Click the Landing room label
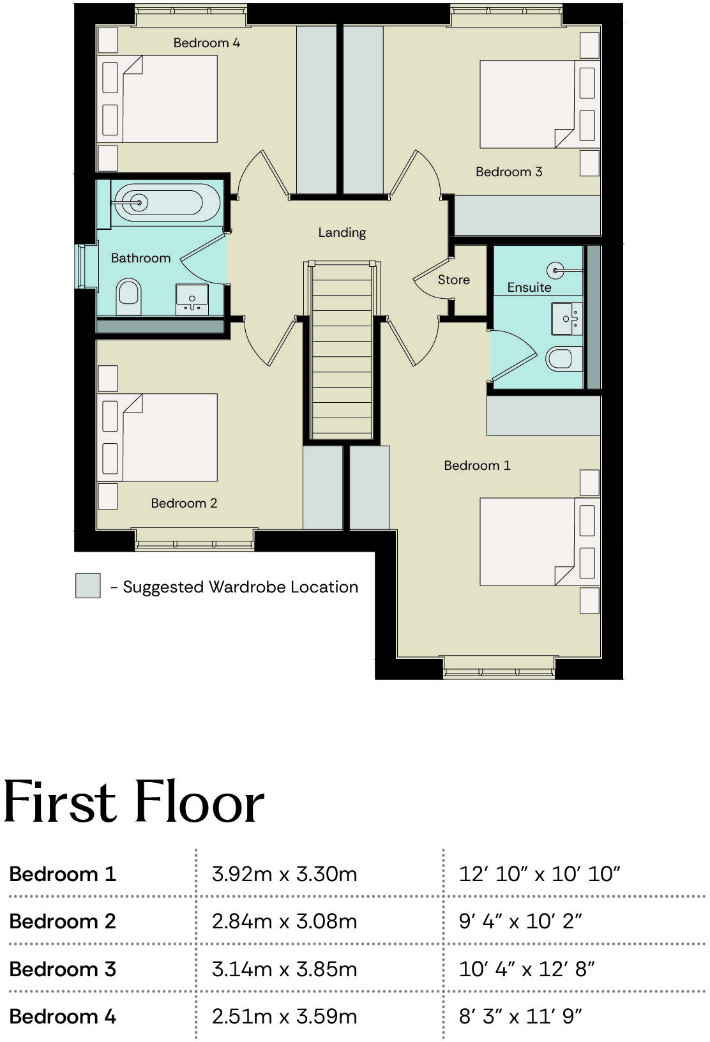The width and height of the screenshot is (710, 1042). tap(342, 232)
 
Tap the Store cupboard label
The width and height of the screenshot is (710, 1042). tap(453, 280)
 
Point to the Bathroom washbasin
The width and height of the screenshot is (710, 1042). tap(192, 299)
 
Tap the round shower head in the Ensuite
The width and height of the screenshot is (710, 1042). tap(556, 271)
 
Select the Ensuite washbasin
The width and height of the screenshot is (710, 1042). tap(567, 318)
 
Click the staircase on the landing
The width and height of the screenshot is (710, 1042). tap(342, 351)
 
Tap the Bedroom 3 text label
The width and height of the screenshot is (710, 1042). tap(509, 172)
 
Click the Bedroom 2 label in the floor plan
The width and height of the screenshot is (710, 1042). tap(184, 503)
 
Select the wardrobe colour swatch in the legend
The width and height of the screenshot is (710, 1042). tap(88, 585)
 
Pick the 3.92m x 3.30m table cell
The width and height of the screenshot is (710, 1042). tap(285, 873)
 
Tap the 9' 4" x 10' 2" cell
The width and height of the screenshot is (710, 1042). tap(520, 921)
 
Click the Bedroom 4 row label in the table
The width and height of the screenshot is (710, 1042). tap(63, 1016)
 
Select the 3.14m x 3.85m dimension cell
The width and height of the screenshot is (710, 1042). tap(285, 969)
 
